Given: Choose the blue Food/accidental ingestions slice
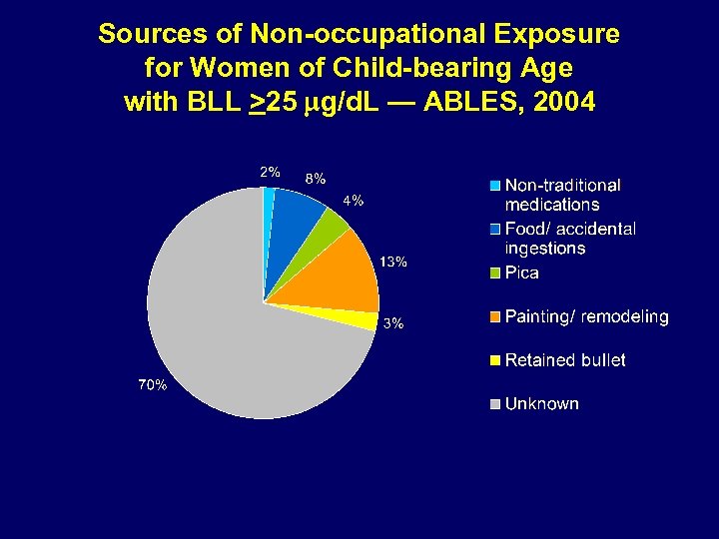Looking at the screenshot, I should coord(297,215).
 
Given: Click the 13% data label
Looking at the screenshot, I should coord(392,263).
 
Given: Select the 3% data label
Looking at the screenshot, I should coord(393,323).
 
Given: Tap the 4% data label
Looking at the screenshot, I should coord(354,201).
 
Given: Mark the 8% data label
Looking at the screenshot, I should coord(315,179).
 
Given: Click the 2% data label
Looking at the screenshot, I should coord(270,172).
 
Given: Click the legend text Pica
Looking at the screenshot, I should coord(522,272).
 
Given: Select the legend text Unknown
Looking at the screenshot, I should coord(541,403).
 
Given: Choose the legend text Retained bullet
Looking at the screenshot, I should coord(565,359).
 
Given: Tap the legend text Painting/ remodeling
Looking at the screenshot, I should coord(587,316).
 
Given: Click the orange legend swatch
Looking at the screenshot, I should coord(495,317).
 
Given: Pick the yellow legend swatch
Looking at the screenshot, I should coord(495,360).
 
